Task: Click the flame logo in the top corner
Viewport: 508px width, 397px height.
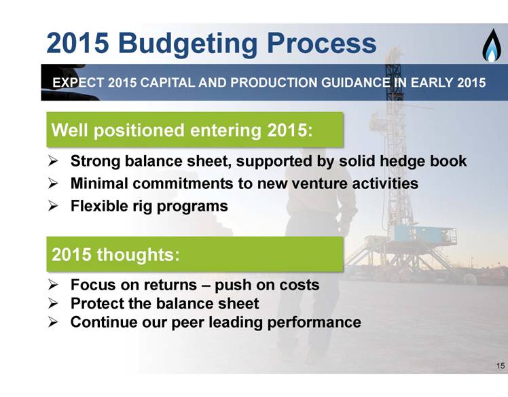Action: [x=492, y=46]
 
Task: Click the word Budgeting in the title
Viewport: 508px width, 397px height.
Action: [x=187, y=44]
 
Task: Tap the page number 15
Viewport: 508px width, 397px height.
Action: [x=501, y=366]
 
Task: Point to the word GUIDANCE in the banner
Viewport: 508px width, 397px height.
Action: [x=356, y=83]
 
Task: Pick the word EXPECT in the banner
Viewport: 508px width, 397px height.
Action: [x=78, y=83]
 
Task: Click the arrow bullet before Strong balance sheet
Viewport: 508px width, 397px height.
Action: [x=53, y=161]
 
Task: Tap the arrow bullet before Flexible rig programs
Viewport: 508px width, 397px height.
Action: [x=53, y=206]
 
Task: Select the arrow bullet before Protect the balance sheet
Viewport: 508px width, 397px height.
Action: [x=53, y=304]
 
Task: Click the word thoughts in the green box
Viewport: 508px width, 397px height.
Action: [x=138, y=254]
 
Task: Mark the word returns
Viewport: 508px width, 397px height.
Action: [x=170, y=286]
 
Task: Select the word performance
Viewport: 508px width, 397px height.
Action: [x=314, y=323]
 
